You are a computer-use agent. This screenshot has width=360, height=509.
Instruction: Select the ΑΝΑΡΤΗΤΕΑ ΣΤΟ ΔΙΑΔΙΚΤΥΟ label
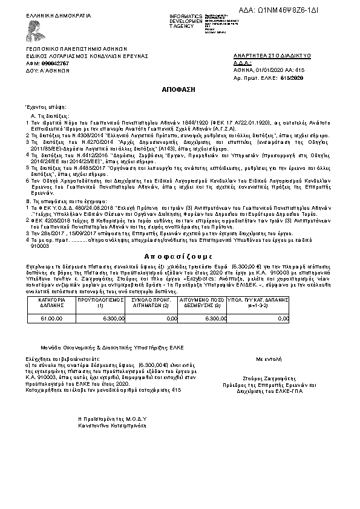tap(272, 56)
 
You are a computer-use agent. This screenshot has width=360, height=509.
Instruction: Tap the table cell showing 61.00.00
tap(51, 317)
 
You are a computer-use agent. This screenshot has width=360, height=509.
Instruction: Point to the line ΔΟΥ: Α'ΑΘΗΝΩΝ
tap(48, 70)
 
